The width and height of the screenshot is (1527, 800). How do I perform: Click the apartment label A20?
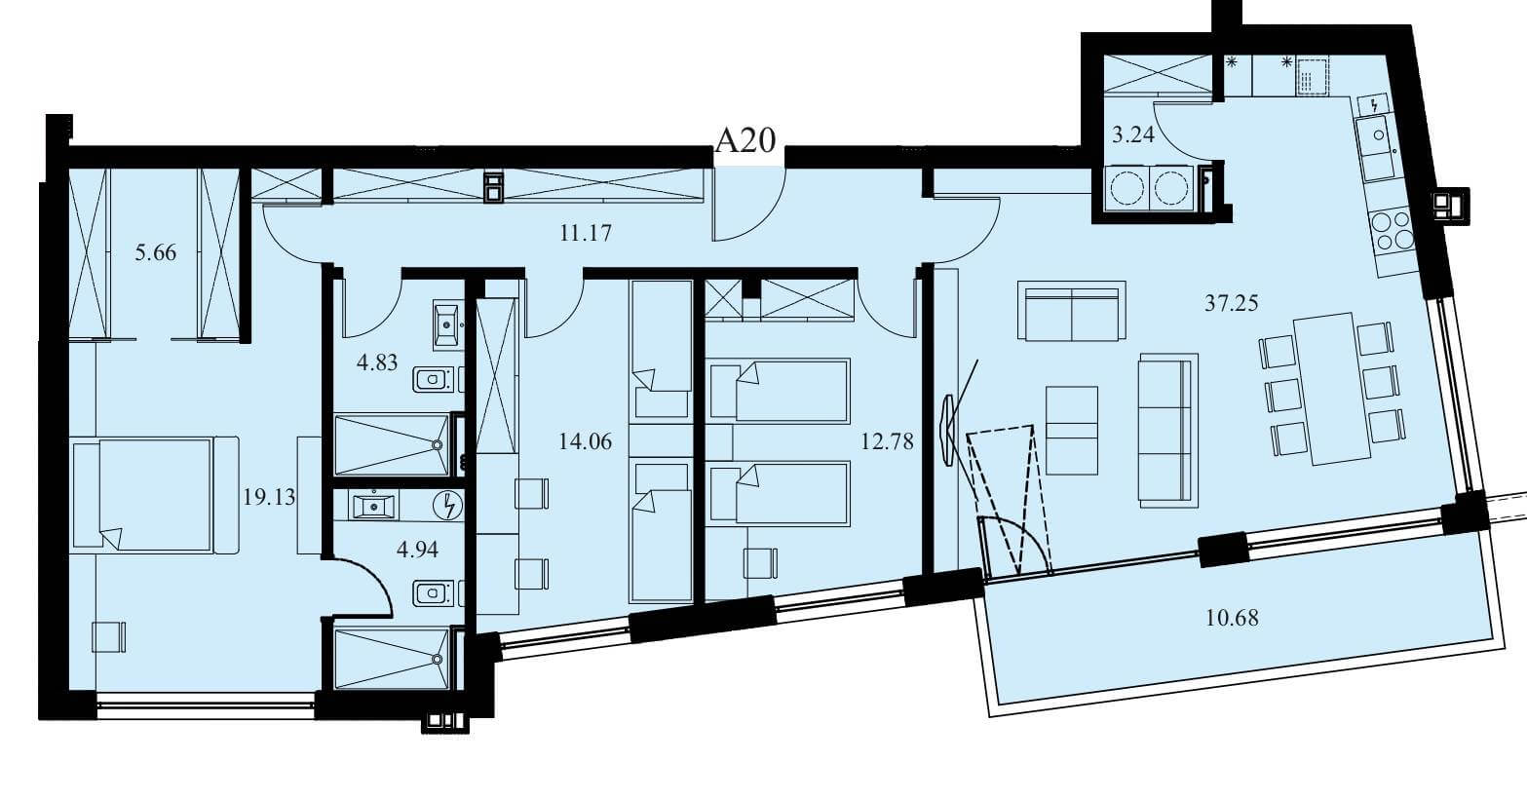click(x=745, y=140)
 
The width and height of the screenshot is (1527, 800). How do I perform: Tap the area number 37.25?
click(x=1231, y=302)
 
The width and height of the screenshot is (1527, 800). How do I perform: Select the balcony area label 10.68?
click(x=1232, y=618)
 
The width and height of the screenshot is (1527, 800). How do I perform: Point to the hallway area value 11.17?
click(x=586, y=233)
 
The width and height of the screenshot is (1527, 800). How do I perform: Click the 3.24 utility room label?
click(x=1133, y=134)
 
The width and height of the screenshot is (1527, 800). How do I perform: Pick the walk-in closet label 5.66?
click(x=155, y=252)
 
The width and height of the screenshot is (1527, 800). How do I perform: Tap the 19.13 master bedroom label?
click(x=269, y=497)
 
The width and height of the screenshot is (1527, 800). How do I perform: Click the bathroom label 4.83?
click(x=377, y=362)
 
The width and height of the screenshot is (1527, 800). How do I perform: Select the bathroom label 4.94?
click(x=417, y=550)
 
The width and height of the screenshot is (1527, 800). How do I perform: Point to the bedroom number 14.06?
click(x=585, y=441)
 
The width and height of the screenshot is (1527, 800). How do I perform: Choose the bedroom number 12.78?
click(x=887, y=441)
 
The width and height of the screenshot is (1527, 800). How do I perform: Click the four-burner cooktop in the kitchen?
click(x=1393, y=231)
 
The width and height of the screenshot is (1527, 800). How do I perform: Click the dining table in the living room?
click(x=1331, y=389)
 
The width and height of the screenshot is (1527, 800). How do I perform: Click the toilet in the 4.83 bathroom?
click(x=435, y=379)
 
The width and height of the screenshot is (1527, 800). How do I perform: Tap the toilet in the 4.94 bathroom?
click(x=435, y=593)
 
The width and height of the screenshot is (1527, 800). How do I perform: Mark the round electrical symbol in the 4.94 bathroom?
click(x=449, y=506)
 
